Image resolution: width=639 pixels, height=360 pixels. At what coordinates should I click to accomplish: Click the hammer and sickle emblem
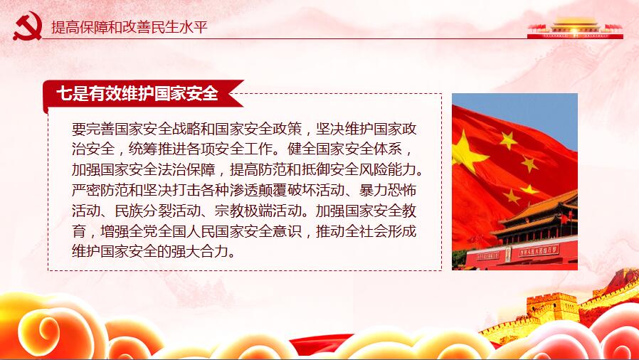point(28,26)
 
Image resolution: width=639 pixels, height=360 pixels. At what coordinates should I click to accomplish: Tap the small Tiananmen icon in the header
point(575,28)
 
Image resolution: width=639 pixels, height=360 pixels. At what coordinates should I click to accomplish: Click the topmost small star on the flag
point(508,140)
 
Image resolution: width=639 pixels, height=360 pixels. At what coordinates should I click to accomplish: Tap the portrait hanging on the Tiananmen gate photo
point(508,254)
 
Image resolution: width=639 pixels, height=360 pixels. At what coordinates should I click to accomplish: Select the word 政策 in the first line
point(287,129)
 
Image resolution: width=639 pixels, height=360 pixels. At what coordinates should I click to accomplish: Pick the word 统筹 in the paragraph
point(143,149)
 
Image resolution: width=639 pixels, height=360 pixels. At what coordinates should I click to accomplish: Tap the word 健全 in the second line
point(301,149)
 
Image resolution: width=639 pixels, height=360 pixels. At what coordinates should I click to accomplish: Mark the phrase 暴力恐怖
point(388,190)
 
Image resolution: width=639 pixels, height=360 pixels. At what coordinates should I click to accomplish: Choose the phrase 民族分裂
point(144,211)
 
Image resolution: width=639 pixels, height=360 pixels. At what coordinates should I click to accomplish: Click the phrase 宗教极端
point(243,211)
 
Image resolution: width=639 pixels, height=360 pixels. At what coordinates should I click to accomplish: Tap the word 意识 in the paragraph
point(287,231)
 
